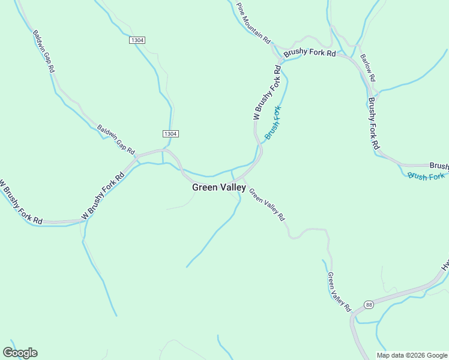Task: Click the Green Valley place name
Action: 218,187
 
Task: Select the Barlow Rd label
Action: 367,68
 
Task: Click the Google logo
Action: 20,353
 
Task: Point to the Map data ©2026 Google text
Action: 412,355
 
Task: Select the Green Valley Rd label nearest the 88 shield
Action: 339,292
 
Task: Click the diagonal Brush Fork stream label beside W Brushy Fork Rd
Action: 274,123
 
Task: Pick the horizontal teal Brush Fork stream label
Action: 426,176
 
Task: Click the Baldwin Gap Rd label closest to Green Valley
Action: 117,139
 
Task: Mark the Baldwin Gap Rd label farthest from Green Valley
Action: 44,51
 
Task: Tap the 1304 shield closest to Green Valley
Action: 170,133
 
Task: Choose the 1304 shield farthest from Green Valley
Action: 137,40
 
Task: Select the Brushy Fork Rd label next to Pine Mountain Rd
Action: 309,52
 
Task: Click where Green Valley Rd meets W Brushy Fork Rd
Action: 243,178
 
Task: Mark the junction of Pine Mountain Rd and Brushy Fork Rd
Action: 276,47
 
